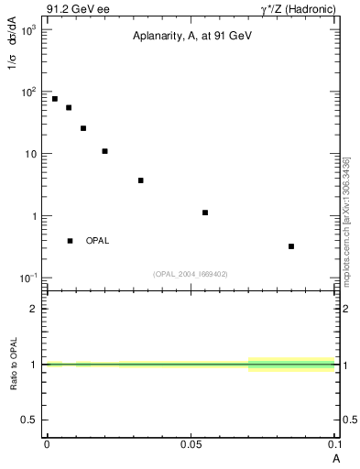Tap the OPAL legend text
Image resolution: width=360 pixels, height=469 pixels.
[97, 241]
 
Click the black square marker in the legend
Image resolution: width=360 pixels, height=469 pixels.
[70, 241]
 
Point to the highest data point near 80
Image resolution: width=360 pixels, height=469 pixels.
[55, 99]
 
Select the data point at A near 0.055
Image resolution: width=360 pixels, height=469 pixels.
[205, 213]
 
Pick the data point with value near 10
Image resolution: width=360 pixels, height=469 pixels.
[104, 151]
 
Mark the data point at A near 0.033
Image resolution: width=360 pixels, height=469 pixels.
[140, 180]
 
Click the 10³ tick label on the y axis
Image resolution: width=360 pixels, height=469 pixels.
[27, 30]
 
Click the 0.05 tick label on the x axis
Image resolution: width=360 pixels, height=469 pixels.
[191, 443]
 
